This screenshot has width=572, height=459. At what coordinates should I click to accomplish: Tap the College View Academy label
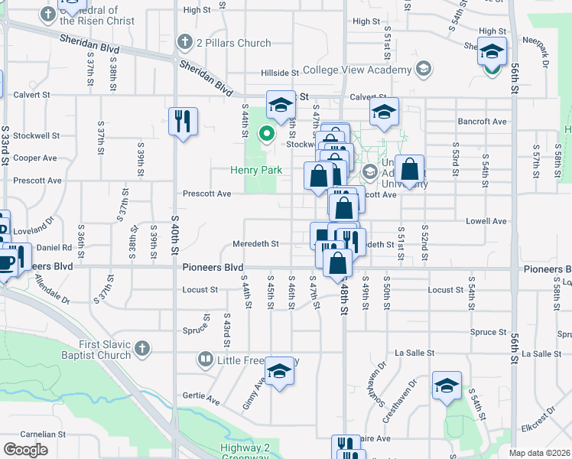pyautogui.click(x=357, y=70)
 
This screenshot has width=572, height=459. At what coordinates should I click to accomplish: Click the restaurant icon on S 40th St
pyautogui.click(x=183, y=121)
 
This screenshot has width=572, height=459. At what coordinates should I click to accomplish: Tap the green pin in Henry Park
pyautogui.click(x=267, y=134)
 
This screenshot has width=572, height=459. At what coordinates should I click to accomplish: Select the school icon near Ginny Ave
pyautogui.click(x=281, y=371)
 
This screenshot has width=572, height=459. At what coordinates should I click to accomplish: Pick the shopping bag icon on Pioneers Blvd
pyautogui.click(x=337, y=262)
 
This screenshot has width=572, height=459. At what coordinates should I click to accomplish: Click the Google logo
pyautogui.click(x=25, y=450)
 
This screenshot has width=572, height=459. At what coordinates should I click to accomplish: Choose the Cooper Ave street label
pyautogui.click(x=35, y=158)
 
